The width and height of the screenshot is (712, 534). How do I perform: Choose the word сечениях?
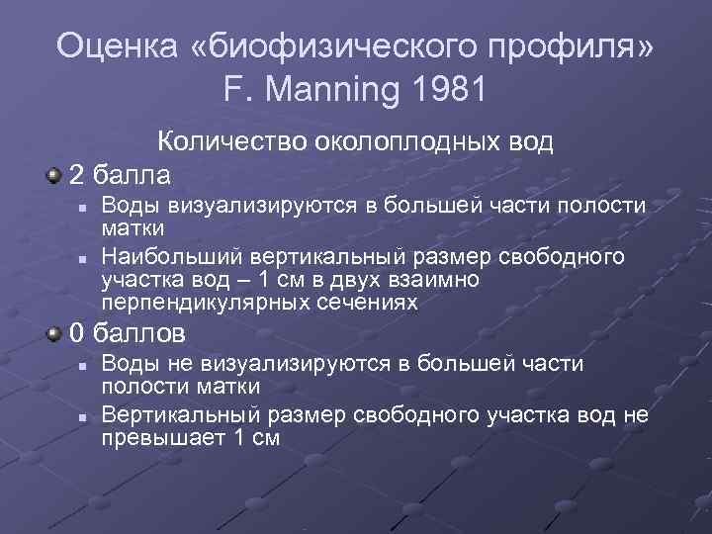point(368,303)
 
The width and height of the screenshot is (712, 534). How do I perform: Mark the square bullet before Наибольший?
point(84,258)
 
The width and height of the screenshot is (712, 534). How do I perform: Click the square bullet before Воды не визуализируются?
point(84,365)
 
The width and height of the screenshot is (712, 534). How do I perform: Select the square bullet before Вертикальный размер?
point(84,415)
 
